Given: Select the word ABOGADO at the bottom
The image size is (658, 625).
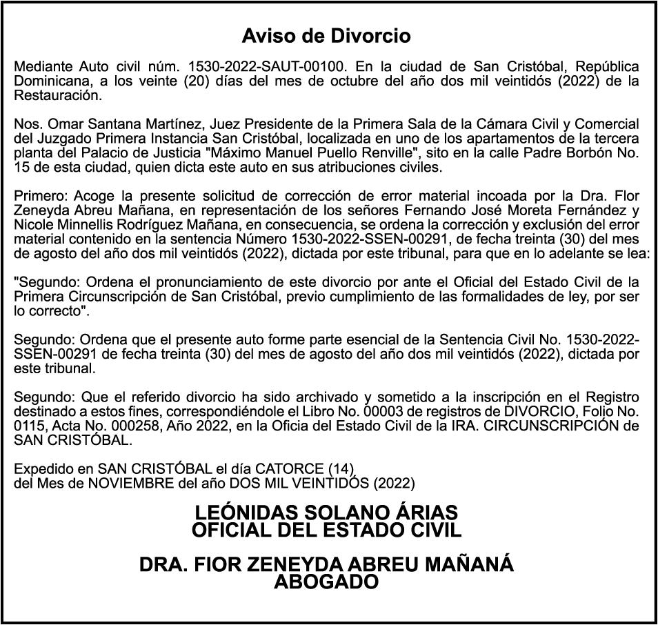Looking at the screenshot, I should tap(326, 582).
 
